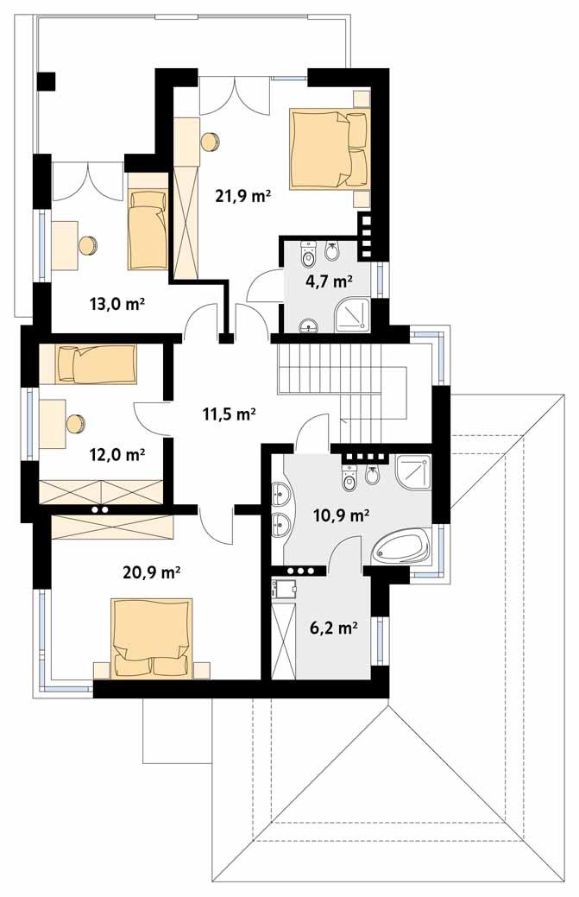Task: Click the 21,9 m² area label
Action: coord(243,196)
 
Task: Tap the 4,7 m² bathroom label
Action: coord(329,281)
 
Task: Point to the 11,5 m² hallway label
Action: coord(230,414)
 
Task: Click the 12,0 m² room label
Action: coord(117,453)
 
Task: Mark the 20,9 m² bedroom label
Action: coord(153,572)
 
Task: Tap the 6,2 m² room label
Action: coord(333,628)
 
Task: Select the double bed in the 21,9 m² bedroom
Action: coord(330,148)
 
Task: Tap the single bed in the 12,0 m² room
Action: coord(95,364)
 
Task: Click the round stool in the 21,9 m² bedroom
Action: coord(210,142)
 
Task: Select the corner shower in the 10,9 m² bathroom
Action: coord(412,471)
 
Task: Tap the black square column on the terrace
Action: coord(46,81)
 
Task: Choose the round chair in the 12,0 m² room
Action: coord(76,424)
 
